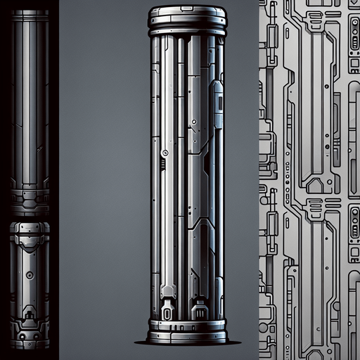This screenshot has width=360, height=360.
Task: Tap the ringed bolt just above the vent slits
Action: (x=165, y=153)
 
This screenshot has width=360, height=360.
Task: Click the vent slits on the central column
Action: (x=162, y=165)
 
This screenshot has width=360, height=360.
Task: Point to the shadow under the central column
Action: (x=187, y=342)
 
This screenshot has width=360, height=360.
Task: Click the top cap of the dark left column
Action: (x=30, y=14)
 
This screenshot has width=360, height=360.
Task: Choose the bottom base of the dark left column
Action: (x=30, y=341)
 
